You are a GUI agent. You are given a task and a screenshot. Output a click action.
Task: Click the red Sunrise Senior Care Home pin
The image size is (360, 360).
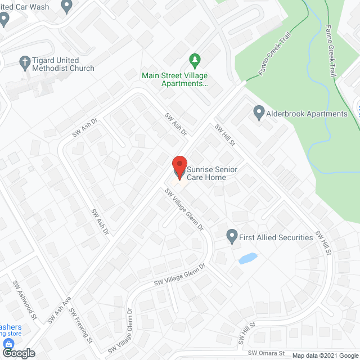click(179, 167)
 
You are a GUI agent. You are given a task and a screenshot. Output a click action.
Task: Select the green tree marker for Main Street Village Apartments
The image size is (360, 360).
click(195, 59)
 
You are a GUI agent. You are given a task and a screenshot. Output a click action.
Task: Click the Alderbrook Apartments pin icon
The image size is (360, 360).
click(259, 113)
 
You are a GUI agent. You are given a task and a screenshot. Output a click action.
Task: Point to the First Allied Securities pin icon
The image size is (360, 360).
click(231, 237)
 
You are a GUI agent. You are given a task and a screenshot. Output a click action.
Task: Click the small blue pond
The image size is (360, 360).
click(248, 259)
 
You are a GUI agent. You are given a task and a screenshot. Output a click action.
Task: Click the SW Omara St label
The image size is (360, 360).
click(267, 353)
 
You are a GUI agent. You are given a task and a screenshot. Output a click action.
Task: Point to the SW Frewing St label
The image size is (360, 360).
click(81, 326)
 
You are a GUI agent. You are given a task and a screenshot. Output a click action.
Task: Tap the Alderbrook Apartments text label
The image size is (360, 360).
click(308, 114)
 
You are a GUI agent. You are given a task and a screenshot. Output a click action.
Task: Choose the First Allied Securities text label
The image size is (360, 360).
click(276, 237)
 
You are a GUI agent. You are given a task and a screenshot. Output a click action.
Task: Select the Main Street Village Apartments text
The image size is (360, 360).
click(174, 79)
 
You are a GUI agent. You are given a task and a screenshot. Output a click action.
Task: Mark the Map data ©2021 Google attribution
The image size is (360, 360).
click(325, 355)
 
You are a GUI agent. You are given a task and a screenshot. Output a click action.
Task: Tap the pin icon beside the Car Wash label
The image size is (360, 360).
click(67, 7)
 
